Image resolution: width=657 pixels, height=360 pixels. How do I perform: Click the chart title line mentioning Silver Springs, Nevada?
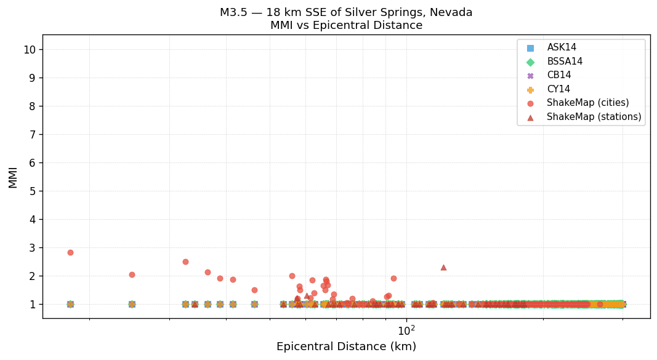click(346, 12)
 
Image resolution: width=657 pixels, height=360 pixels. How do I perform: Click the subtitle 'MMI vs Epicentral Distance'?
click(346, 26)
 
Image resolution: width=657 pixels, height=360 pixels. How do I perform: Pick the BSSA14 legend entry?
click(565, 62)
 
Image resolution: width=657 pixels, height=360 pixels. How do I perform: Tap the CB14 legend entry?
click(558, 75)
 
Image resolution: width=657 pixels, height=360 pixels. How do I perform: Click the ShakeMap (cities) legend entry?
click(587, 103)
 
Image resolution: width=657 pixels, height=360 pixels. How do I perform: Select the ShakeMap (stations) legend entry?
click(594, 117)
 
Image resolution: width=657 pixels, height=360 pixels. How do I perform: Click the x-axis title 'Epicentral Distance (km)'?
click(346, 346)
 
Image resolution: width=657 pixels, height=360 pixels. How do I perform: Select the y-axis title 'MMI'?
click(13, 177)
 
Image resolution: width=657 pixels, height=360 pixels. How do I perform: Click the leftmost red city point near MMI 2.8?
click(70, 252)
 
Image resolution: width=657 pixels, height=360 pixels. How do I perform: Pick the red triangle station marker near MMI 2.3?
click(443, 267)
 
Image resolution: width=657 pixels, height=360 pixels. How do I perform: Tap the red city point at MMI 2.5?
click(185, 262)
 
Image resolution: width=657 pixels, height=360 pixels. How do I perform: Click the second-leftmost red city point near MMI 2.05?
click(132, 274)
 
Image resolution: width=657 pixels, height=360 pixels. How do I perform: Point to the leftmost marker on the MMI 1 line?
click(70, 304)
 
